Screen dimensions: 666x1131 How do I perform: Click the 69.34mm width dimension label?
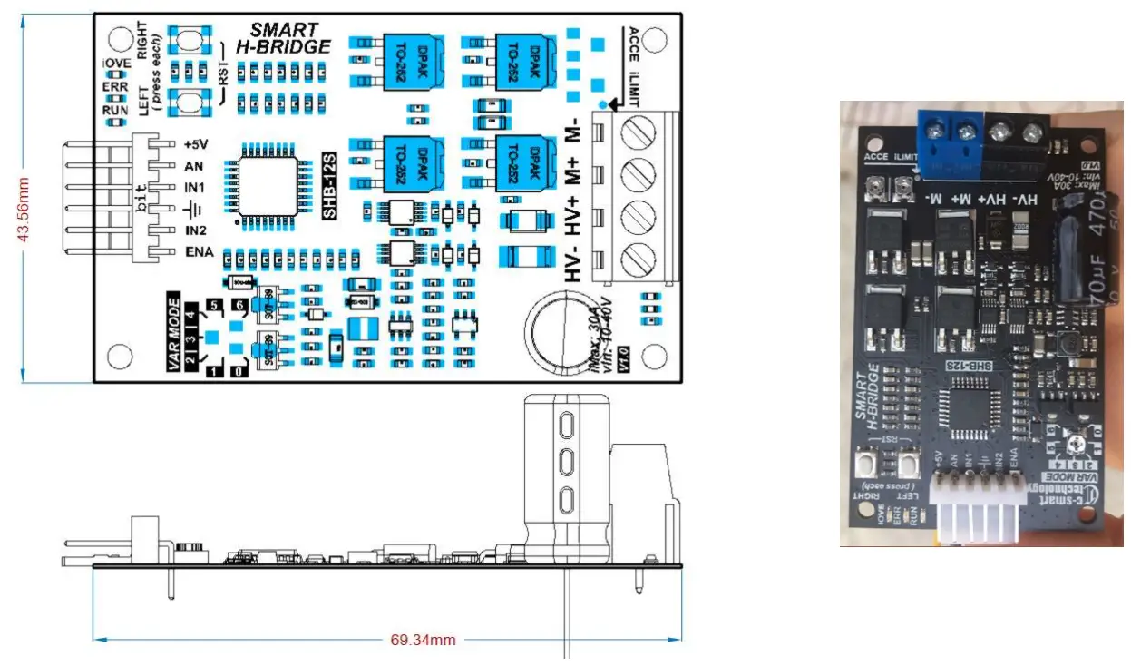click(423, 640)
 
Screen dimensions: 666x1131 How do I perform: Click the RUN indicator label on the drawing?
click(115, 111)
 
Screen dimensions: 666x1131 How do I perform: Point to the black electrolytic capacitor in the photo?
click(1084, 259)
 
